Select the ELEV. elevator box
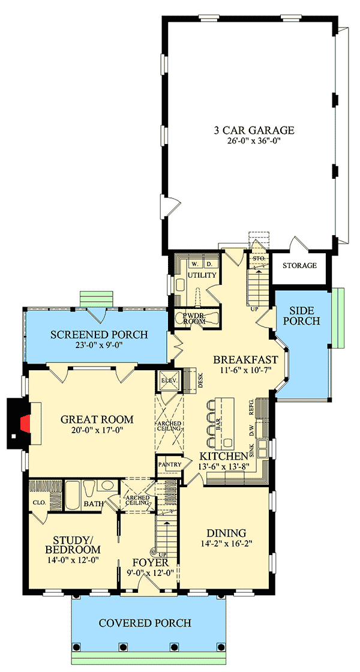pyautogui.click(x=165, y=380)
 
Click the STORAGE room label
pyautogui.click(x=299, y=265)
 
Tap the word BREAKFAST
pyautogui.click(x=246, y=360)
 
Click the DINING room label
pyautogui.click(x=226, y=532)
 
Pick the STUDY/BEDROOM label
pyautogui.click(x=73, y=544)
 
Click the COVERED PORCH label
pyautogui.click(x=145, y=623)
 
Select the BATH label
pyautogui.click(x=93, y=504)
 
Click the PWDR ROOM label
pyautogui.click(x=195, y=318)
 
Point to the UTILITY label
pyautogui.click(x=202, y=275)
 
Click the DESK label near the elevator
pyautogui.click(x=201, y=379)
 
